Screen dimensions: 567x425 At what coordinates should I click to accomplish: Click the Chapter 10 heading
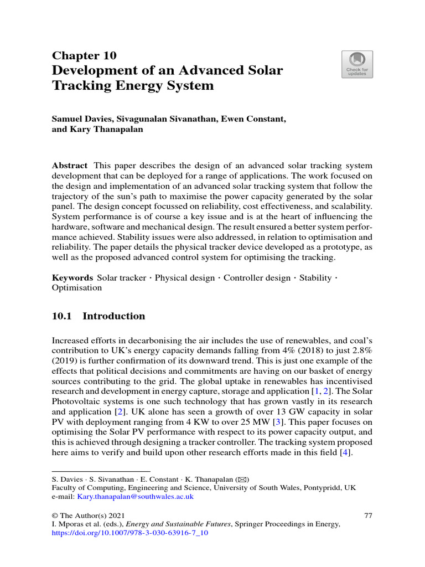84,55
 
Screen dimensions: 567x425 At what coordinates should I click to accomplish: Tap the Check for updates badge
357,64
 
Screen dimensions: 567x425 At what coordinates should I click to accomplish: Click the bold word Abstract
69,166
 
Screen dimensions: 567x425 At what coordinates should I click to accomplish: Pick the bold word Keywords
72,277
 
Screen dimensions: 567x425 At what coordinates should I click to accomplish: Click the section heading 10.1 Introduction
98,316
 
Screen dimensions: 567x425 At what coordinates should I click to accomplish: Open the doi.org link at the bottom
129,533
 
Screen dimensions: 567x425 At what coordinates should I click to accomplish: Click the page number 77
368,515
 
